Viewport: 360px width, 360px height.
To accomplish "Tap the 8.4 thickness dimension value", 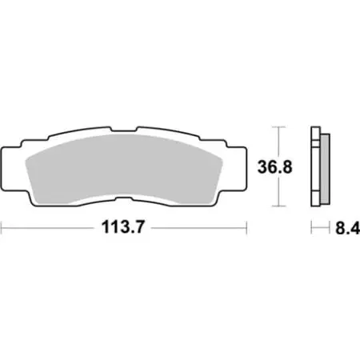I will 342,229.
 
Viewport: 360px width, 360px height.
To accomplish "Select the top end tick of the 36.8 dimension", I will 278,127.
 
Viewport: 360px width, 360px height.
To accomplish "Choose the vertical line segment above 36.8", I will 278,142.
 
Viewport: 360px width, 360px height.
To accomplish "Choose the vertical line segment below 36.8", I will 278,194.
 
